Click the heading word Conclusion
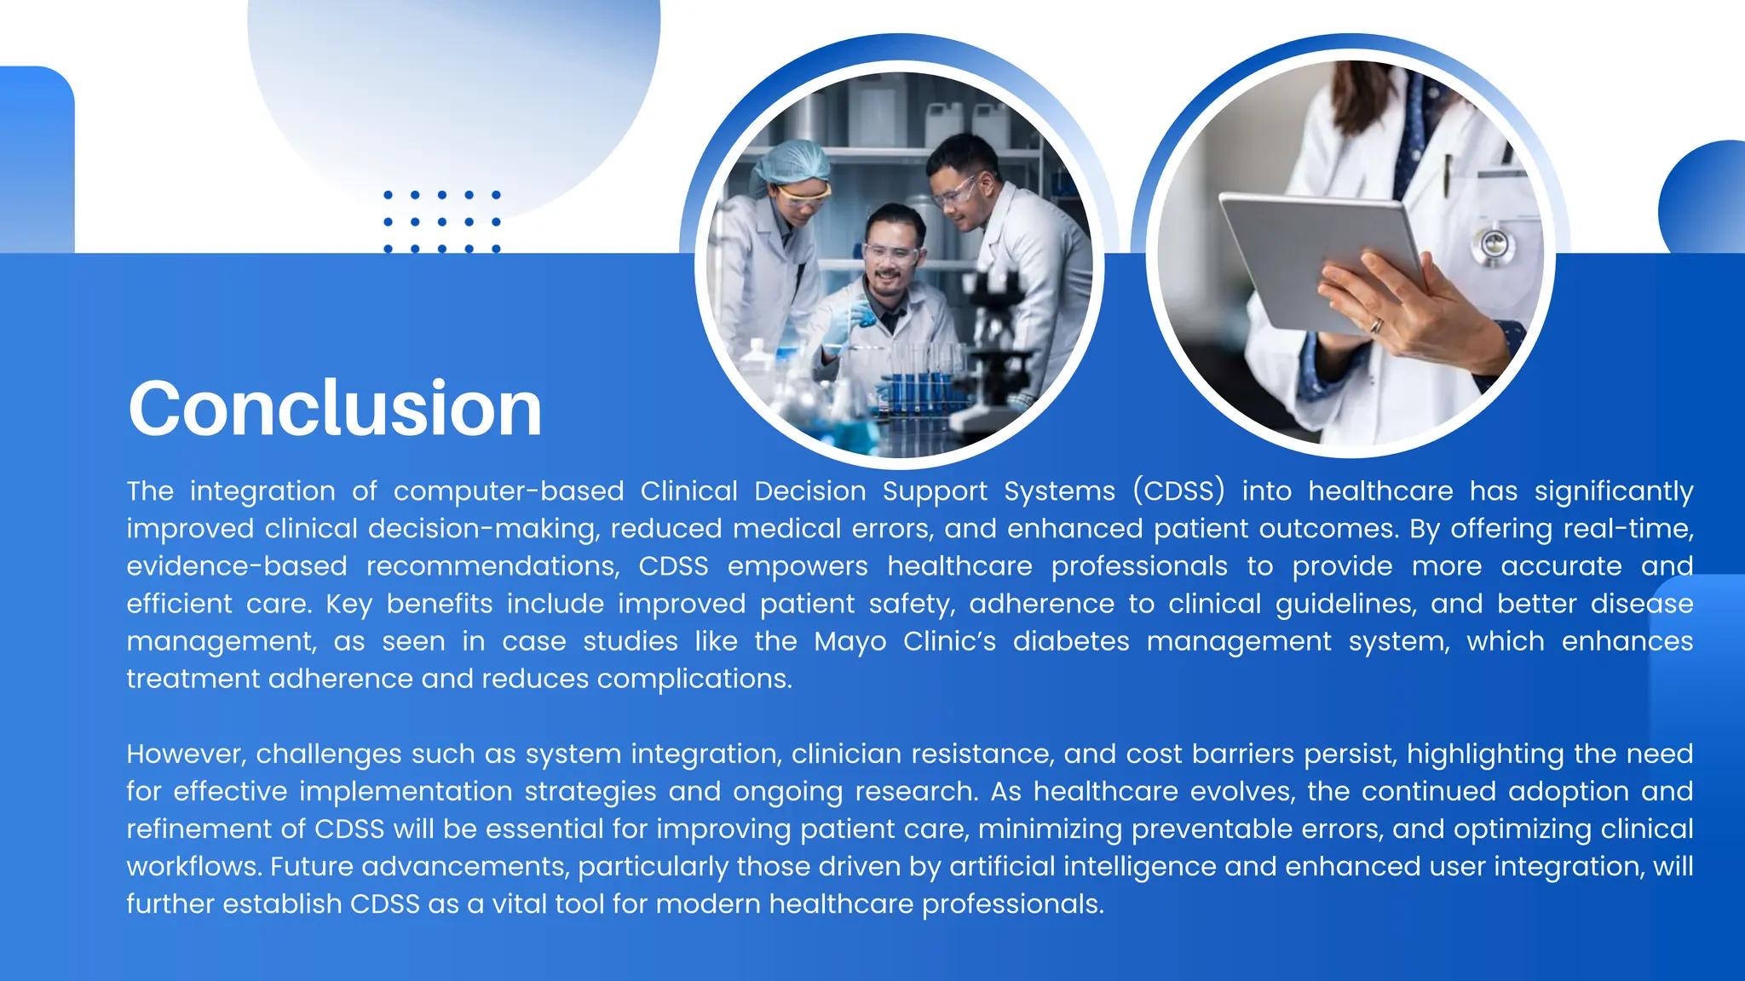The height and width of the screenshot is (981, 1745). click(335, 410)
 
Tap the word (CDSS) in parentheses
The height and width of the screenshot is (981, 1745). click(1178, 491)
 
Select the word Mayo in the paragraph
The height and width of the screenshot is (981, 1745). click(849, 641)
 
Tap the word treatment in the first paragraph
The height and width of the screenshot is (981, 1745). click(193, 680)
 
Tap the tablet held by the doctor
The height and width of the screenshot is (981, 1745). click(1321, 255)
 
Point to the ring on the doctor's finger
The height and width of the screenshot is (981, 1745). click(1375, 325)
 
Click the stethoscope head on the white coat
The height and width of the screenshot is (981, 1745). click(1492, 245)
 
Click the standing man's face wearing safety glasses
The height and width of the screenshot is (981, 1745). click(963, 192)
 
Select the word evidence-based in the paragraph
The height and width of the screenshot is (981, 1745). click(237, 566)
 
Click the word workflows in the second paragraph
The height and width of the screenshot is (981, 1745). click(193, 867)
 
